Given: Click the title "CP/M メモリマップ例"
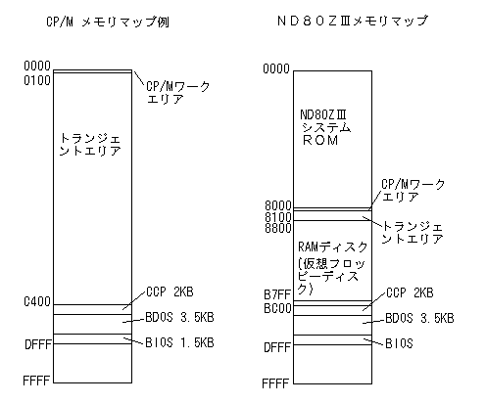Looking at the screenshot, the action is pyautogui.click(x=108, y=22).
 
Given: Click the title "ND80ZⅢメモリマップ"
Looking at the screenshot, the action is pyautogui.click(x=352, y=21).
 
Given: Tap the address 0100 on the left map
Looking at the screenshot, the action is pyautogui.click(x=37, y=80).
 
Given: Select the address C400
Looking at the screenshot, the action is pyautogui.click(x=37, y=301).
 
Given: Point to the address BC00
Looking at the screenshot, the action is pyautogui.click(x=277, y=308).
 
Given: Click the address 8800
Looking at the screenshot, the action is pyautogui.click(x=277, y=228).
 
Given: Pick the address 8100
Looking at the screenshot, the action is pyautogui.click(x=277, y=217).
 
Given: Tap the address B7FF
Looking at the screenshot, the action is pyautogui.click(x=277, y=294).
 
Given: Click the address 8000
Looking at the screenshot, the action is pyautogui.click(x=277, y=205).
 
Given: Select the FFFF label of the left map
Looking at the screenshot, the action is pyautogui.click(x=36, y=381).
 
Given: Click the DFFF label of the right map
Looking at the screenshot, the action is pyautogui.click(x=277, y=347).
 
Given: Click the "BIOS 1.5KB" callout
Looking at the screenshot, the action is pyautogui.click(x=179, y=342).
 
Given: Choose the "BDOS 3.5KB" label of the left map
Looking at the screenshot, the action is pyautogui.click(x=179, y=317).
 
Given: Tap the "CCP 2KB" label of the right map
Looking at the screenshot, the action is pyautogui.click(x=410, y=292).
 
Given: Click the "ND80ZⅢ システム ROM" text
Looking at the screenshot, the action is pyautogui.click(x=325, y=127).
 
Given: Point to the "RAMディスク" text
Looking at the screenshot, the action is pyautogui.click(x=333, y=247).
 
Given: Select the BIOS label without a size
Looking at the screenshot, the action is pyautogui.click(x=399, y=343).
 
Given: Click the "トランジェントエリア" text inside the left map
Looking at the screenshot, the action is pyautogui.click(x=90, y=145).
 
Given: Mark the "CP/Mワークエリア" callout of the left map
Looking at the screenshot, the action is pyautogui.click(x=177, y=93).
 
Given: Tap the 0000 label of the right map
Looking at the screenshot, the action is pyautogui.click(x=276, y=68).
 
